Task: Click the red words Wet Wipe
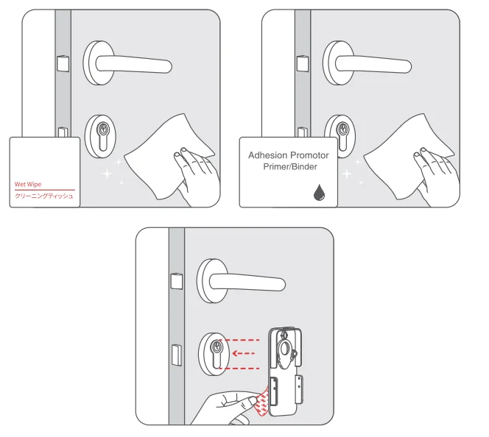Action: point(28,185)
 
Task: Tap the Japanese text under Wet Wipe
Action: point(44,196)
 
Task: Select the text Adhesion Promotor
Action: point(288,155)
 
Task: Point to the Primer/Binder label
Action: point(289,167)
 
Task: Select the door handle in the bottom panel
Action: point(243,280)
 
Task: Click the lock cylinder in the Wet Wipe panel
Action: point(102,135)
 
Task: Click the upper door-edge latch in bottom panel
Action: point(176,283)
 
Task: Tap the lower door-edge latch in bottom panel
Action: point(177,354)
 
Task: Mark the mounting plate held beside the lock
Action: point(283,368)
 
